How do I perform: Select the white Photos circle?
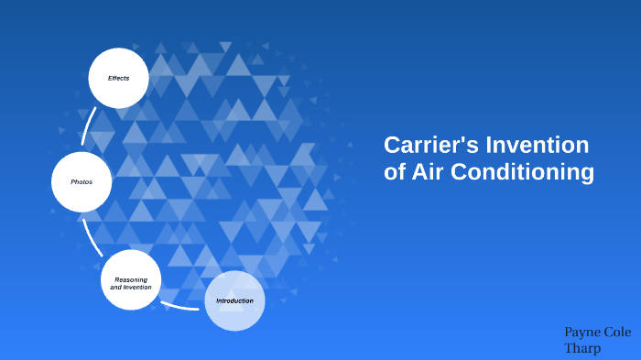click(81, 181)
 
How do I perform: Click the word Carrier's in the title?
click(430, 145)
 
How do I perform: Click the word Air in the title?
click(429, 171)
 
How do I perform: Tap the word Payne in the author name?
click(582, 332)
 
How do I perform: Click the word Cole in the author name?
click(619, 332)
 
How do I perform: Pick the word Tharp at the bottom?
click(583, 348)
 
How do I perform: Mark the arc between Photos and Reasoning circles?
click(91, 236)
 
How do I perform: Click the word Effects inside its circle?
click(118, 78)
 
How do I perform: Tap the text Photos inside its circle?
click(81, 181)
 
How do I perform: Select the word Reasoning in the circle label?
click(131, 279)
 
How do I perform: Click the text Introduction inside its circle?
click(234, 301)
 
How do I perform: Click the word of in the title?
click(395, 171)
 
